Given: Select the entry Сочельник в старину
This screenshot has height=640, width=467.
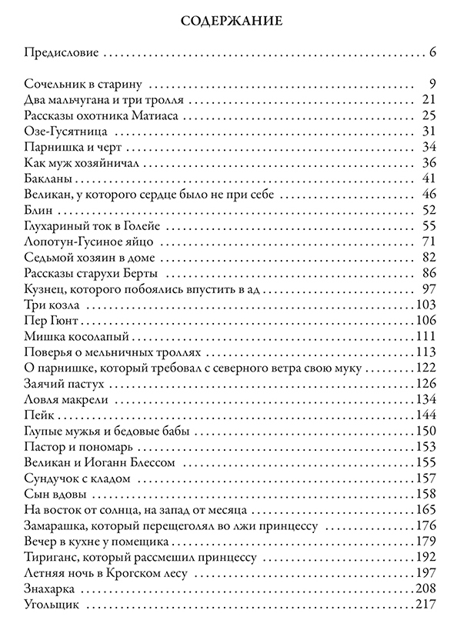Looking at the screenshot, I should coord(85,84).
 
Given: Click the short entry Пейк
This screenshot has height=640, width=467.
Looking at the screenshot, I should coord(38,415).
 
